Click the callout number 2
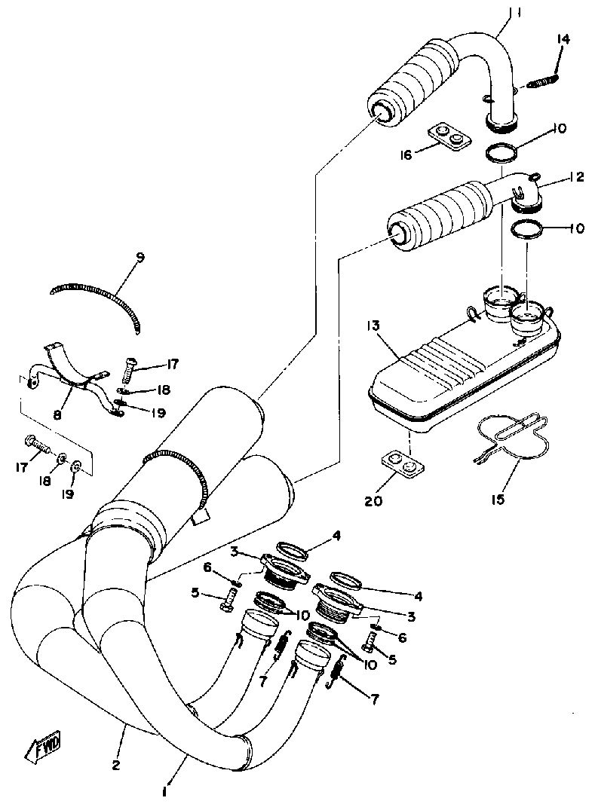[x=115, y=766]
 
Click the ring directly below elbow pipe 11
[x=500, y=153]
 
